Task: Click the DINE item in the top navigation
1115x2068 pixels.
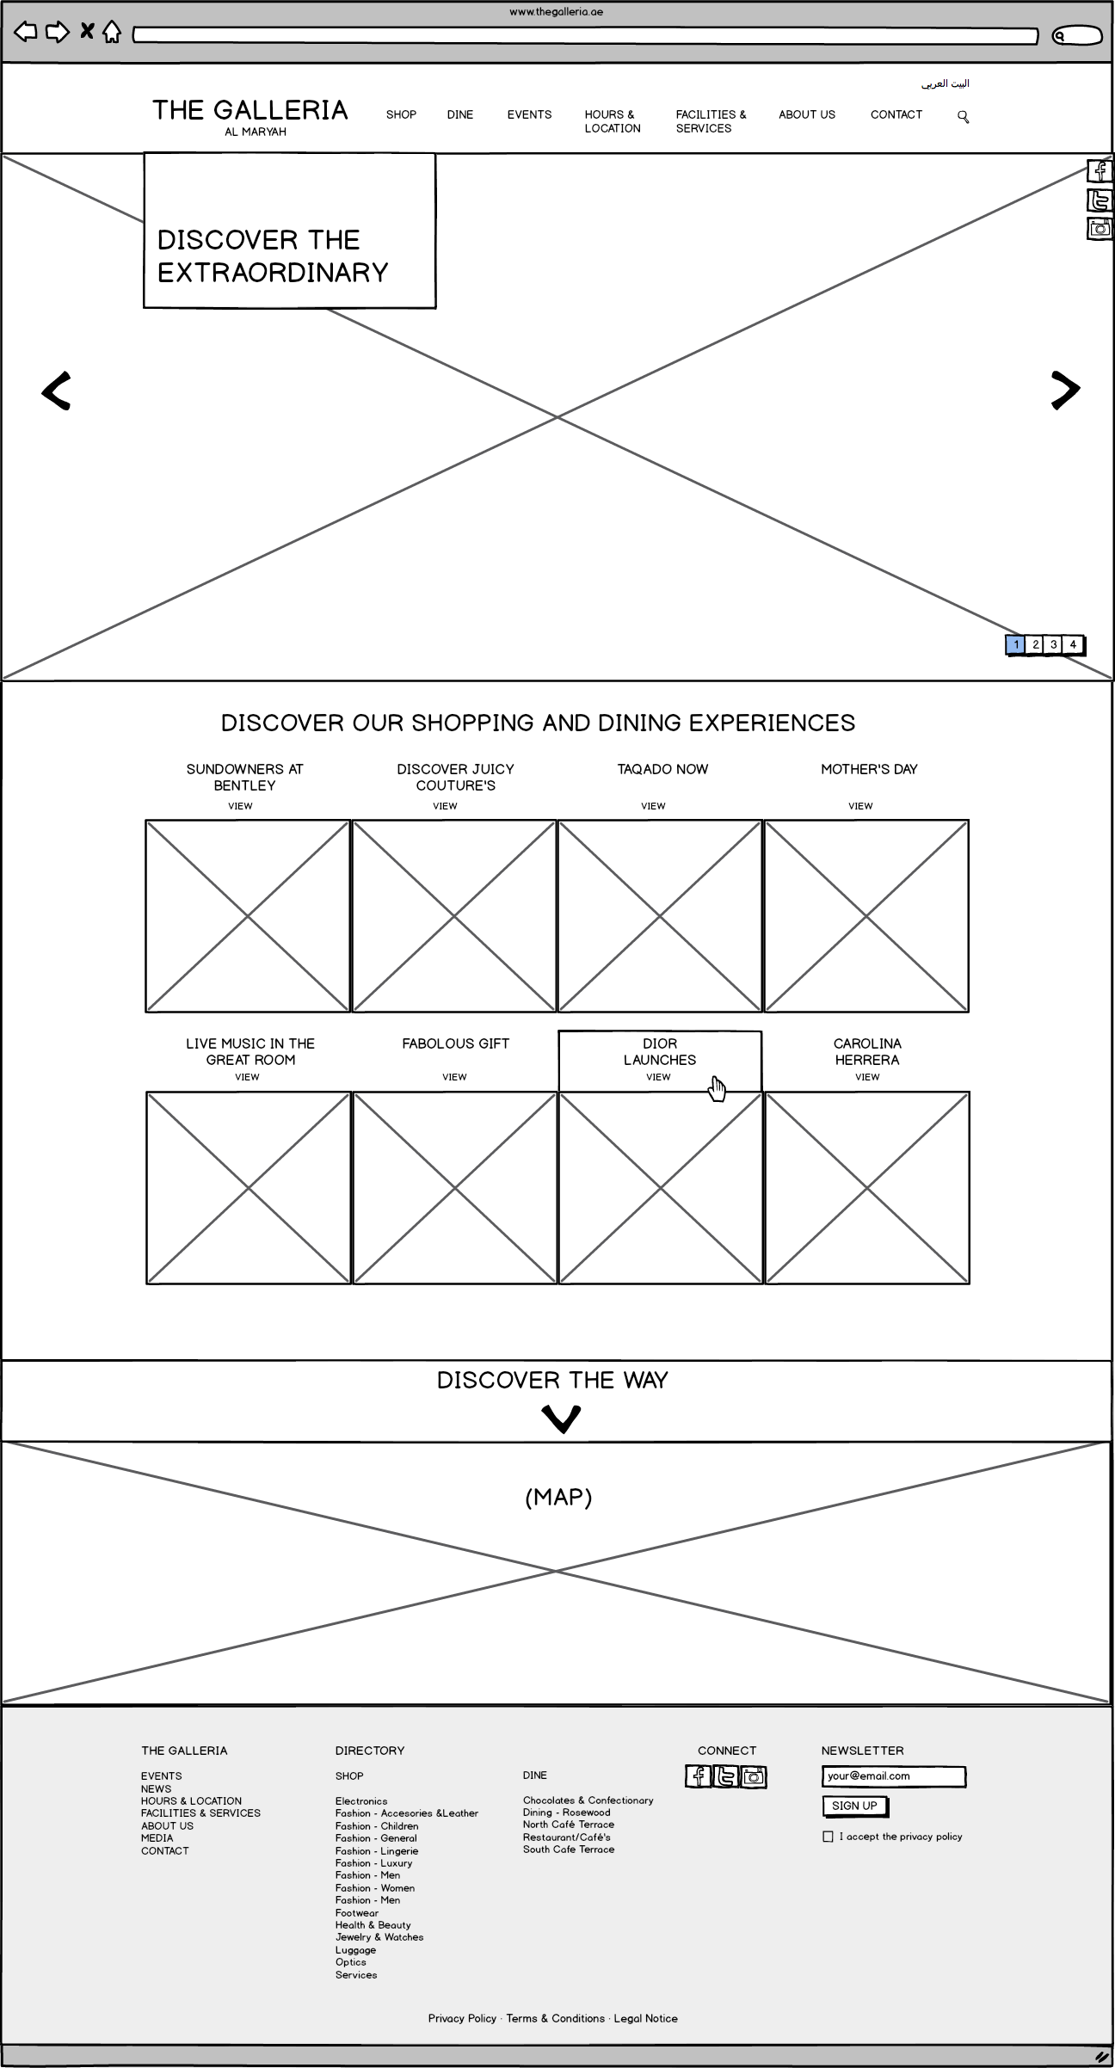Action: (460, 114)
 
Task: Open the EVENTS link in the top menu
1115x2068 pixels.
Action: (529, 114)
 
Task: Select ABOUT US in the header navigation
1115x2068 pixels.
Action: (807, 114)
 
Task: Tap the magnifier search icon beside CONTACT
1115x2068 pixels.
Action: (964, 117)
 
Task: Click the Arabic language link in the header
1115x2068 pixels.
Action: (946, 83)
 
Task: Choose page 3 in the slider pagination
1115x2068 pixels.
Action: (1054, 644)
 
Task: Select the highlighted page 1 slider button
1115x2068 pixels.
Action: (1016, 644)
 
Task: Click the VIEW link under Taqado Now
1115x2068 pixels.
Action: (653, 806)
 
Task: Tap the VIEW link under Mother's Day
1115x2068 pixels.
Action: (860, 806)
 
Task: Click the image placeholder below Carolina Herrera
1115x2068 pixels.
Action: (867, 1187)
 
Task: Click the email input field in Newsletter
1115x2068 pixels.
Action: (893, 1776)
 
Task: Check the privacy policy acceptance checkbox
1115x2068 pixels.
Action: (828, 1837)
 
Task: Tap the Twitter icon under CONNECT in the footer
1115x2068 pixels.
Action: (726, 1776)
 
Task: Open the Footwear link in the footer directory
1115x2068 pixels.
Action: (357, 1912)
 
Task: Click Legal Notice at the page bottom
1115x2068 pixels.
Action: (646, 2018)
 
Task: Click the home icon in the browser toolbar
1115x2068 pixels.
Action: (112, 33)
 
